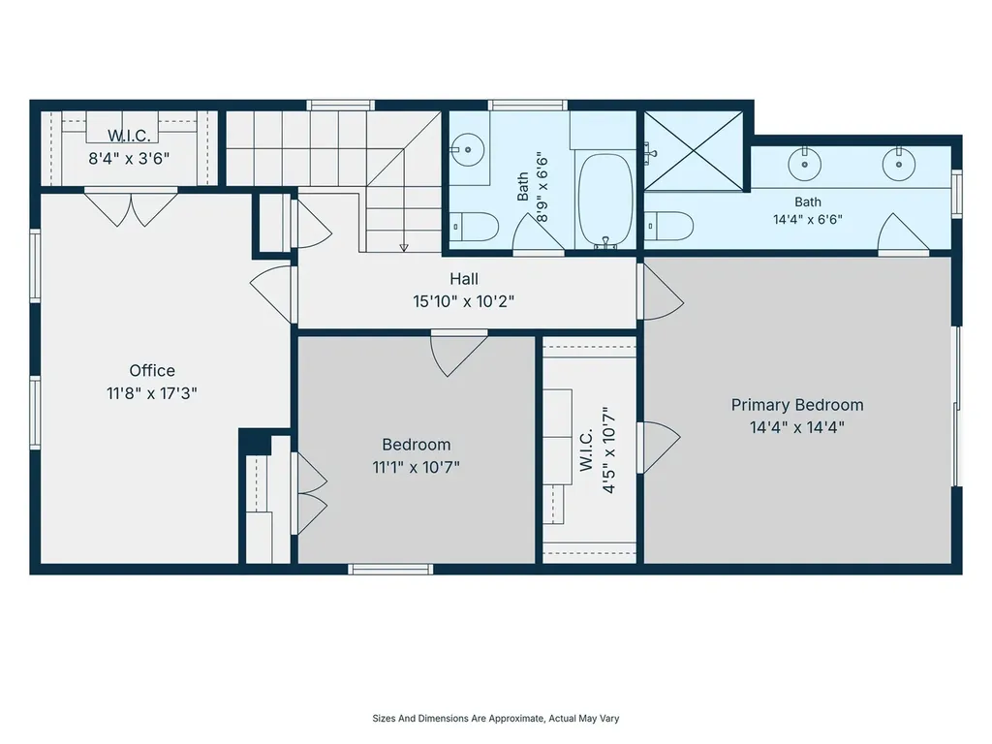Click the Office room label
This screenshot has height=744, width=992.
(152, 371)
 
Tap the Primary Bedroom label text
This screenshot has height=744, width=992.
(797, 405)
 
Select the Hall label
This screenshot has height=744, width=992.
(464, 279)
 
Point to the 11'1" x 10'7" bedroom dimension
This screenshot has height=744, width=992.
(416, 468)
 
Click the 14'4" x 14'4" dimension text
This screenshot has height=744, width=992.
(797, 427)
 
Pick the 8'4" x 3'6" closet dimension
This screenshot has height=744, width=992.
(129, 158)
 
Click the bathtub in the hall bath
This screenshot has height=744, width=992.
(605, 200)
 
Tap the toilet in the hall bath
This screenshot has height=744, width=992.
(476, 227)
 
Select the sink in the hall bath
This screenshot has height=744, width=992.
(468, 150)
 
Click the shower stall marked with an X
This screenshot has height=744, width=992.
(694, 150)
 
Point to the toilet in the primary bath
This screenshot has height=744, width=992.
(670, 226)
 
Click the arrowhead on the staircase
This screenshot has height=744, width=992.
(404, 248)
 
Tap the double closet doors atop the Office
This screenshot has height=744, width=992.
(131, 207)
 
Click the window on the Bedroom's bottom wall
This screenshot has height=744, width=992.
(390, 570)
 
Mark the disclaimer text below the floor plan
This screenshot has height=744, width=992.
(495, 718)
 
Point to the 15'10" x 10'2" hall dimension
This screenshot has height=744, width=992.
(464, 302)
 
